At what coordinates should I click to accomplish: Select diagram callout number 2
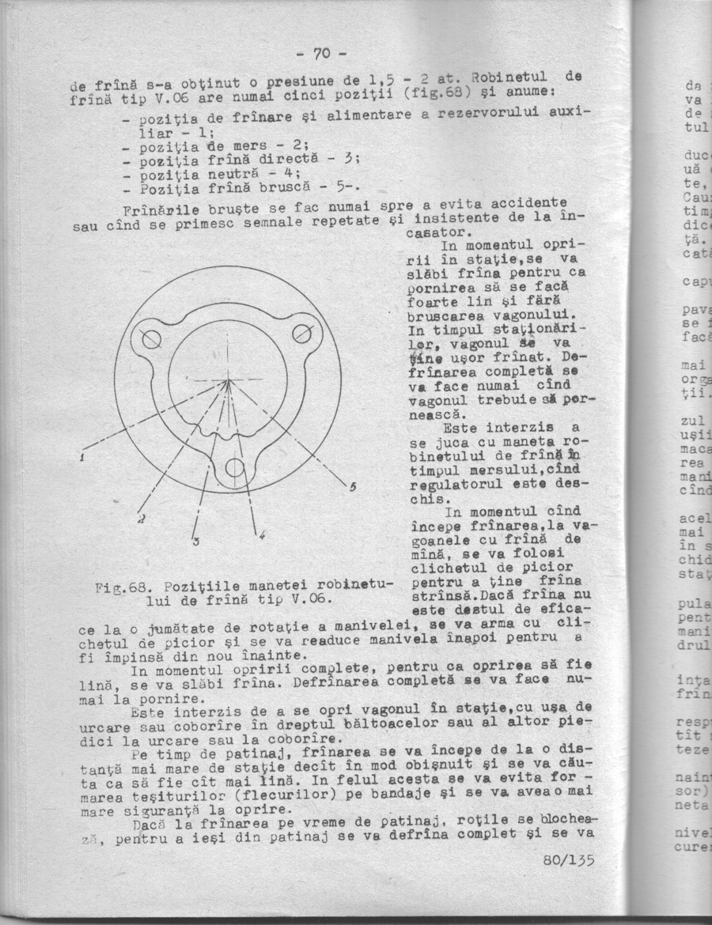140,519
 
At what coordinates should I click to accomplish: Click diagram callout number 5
353,486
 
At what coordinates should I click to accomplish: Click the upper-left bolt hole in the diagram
151,339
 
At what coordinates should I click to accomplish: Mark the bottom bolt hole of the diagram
235,468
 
